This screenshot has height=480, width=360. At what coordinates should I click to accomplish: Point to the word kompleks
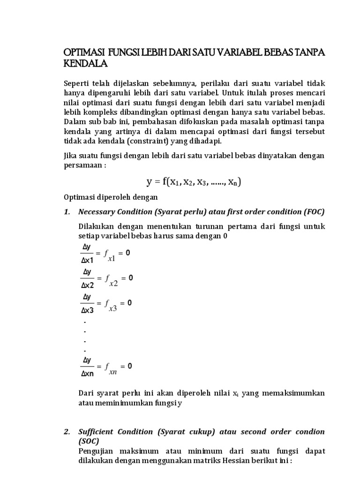click(99, 112)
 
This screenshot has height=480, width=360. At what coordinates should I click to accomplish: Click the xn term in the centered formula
click(232, 183)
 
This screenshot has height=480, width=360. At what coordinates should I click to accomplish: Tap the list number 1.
click(67, 212)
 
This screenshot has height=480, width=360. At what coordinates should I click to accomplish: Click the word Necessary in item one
click(97, 212)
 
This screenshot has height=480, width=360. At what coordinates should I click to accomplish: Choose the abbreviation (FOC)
click(313, 212)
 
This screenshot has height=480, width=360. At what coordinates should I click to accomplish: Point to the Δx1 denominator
click(88, 260)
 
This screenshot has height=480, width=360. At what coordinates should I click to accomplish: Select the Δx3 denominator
click(88, 310)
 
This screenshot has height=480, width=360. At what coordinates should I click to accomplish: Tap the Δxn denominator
click(88, 374)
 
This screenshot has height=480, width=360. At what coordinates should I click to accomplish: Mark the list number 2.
click(67, 431)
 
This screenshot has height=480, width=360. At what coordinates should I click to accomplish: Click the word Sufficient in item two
click(97, 431)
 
